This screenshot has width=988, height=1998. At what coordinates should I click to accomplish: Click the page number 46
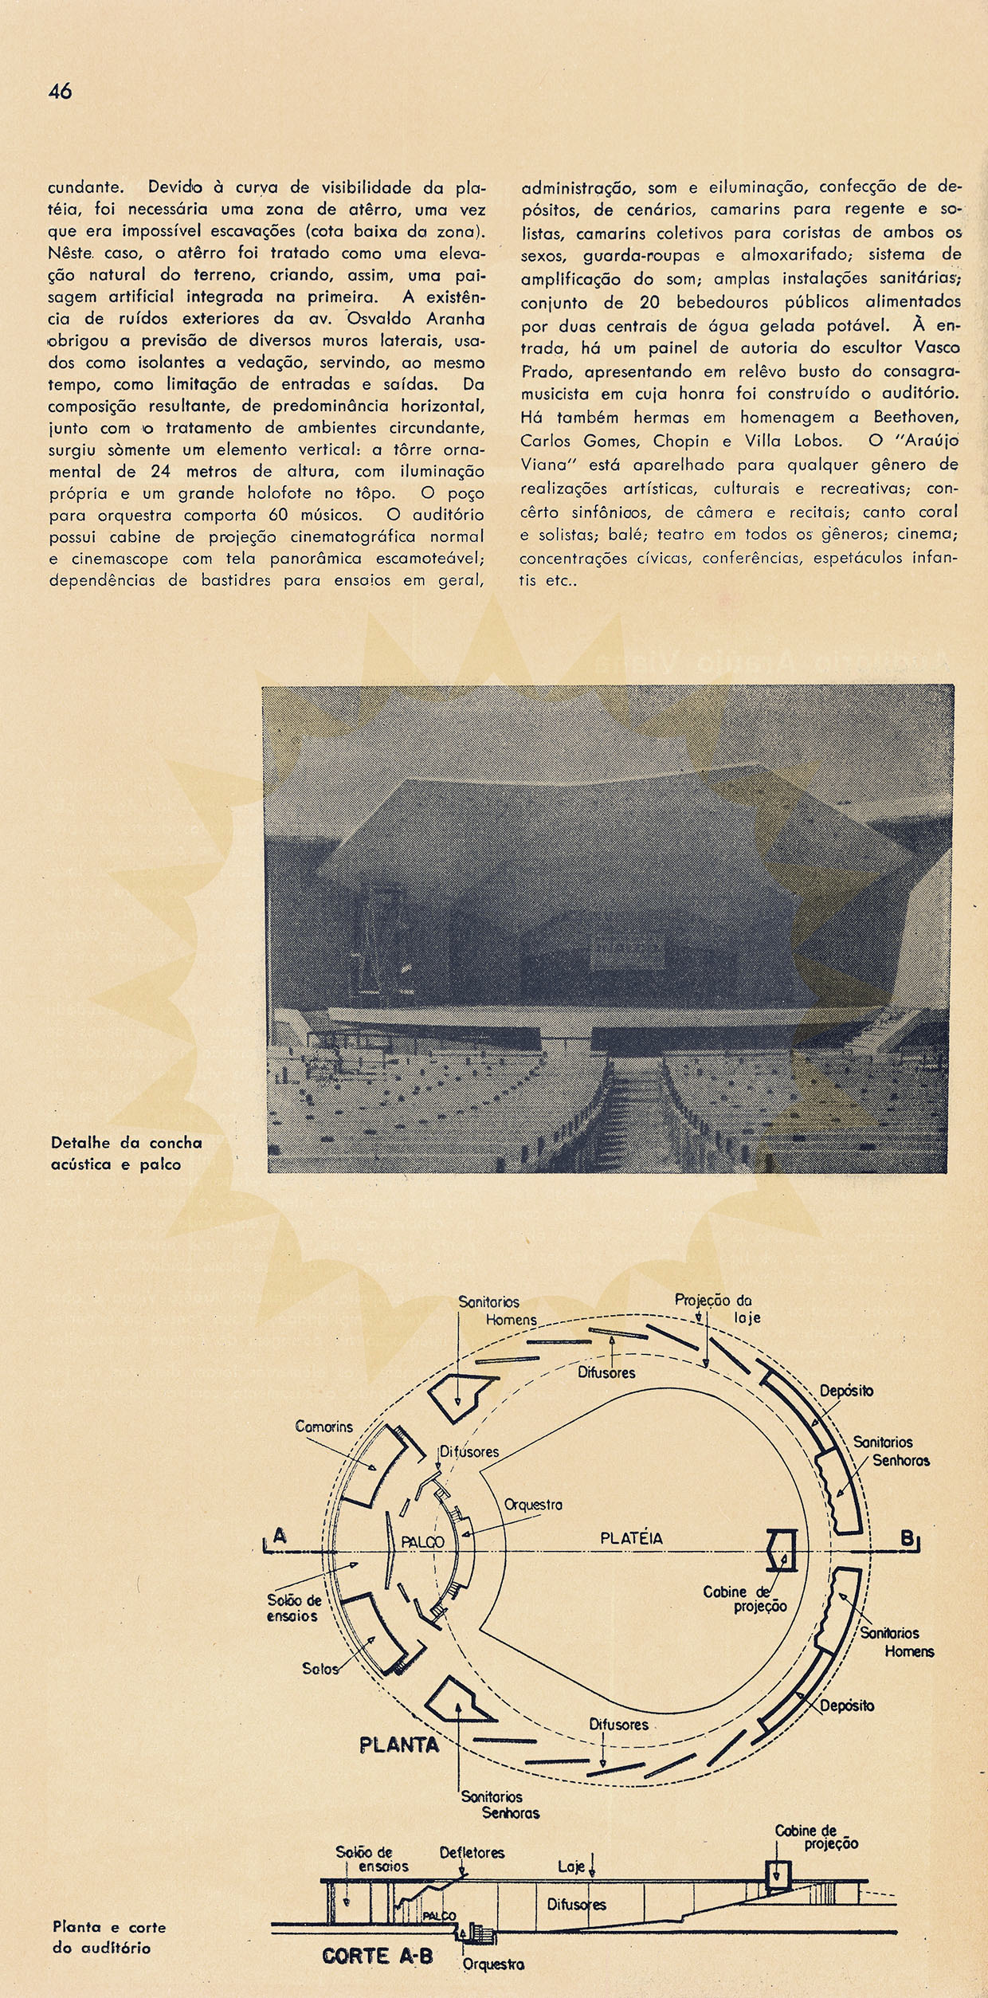pyautogui.click(x=60, y=92)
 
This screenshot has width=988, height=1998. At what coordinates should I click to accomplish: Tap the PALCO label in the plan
pyautogui.click(x=422, y=1542)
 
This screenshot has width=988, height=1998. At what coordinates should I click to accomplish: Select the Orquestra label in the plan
pyautogui.click(x=533, y=1505)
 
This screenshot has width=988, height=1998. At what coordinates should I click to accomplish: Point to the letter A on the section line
pyautogui.click(x=279, y=1535)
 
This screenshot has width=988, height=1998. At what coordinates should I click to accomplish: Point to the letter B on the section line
pyautogui.click(x=908, y=1538)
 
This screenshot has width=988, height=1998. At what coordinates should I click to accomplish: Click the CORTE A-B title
pyautogui.click(x=378, y=1956)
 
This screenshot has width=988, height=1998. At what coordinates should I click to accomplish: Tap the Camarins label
pyautogui.click(x=323, y=1426)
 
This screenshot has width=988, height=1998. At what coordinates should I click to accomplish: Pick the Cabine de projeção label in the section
pyautogui.click(x=817, y=1836)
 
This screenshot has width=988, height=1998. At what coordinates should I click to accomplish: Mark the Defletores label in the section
pyautogui.click(x=472, y=1852)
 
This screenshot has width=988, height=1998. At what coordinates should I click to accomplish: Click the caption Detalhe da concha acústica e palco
pyautogui.click(x=126, y=1153)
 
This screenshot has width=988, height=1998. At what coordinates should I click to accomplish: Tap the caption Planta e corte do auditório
pyautogui.click(x=109, y=1937)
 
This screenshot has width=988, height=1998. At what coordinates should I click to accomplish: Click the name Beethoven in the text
pyautogui.click(x=916, y=418)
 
